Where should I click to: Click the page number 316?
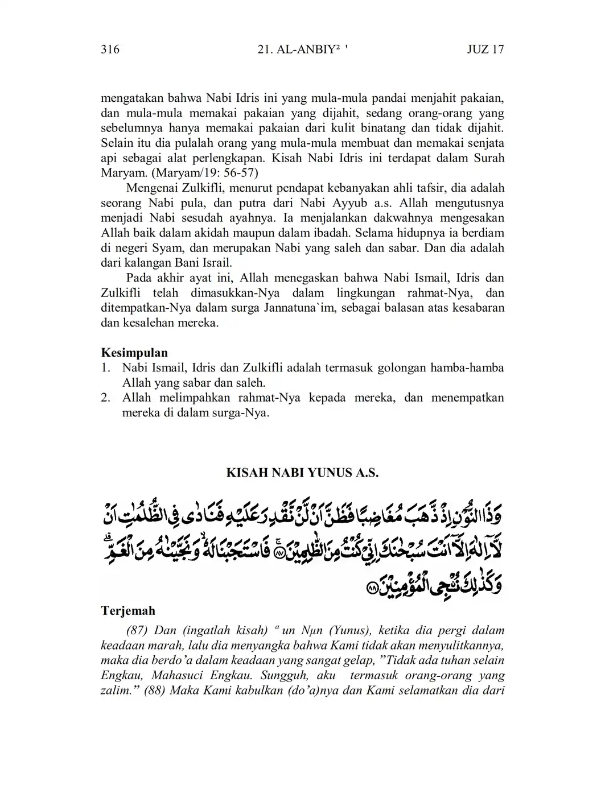[x=110, y=49]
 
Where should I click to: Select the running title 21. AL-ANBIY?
[x=298, y=49]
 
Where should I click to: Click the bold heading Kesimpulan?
[x=134, y=353]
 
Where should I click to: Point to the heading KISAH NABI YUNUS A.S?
[x=302, y=473]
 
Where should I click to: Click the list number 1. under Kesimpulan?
[x=105, y=368]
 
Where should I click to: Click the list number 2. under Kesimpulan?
[x=105, y=398]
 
